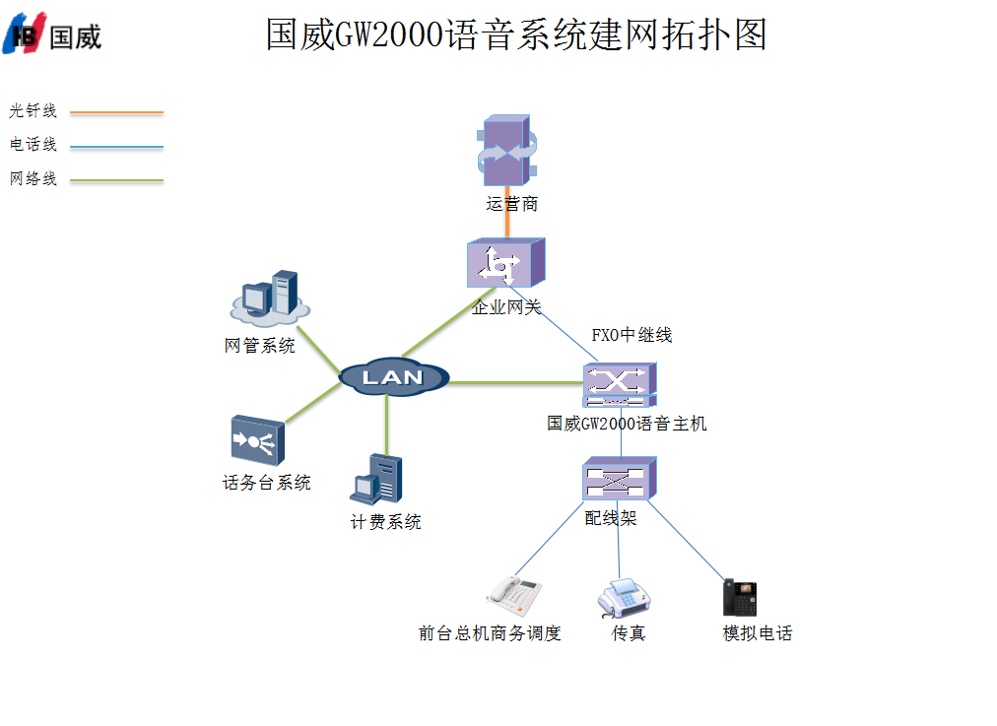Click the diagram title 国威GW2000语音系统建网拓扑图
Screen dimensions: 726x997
[516, 34]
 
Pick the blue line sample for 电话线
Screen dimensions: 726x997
[116, 147]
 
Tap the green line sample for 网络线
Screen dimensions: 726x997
[116, 181]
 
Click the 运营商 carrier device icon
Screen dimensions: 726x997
[507, 153]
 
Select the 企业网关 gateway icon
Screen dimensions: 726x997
[505, 264]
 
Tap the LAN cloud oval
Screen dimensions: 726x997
[393, 376]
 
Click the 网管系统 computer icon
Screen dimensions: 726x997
[269, 298]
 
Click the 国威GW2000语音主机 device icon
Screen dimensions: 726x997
[619, 385]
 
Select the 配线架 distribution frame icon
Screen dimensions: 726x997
[618, 480]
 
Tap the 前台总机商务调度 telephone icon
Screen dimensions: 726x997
[514, 592]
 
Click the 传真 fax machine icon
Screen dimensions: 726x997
[624, 596]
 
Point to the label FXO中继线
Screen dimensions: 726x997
[631, 335]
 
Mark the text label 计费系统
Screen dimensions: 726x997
[385, 522]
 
